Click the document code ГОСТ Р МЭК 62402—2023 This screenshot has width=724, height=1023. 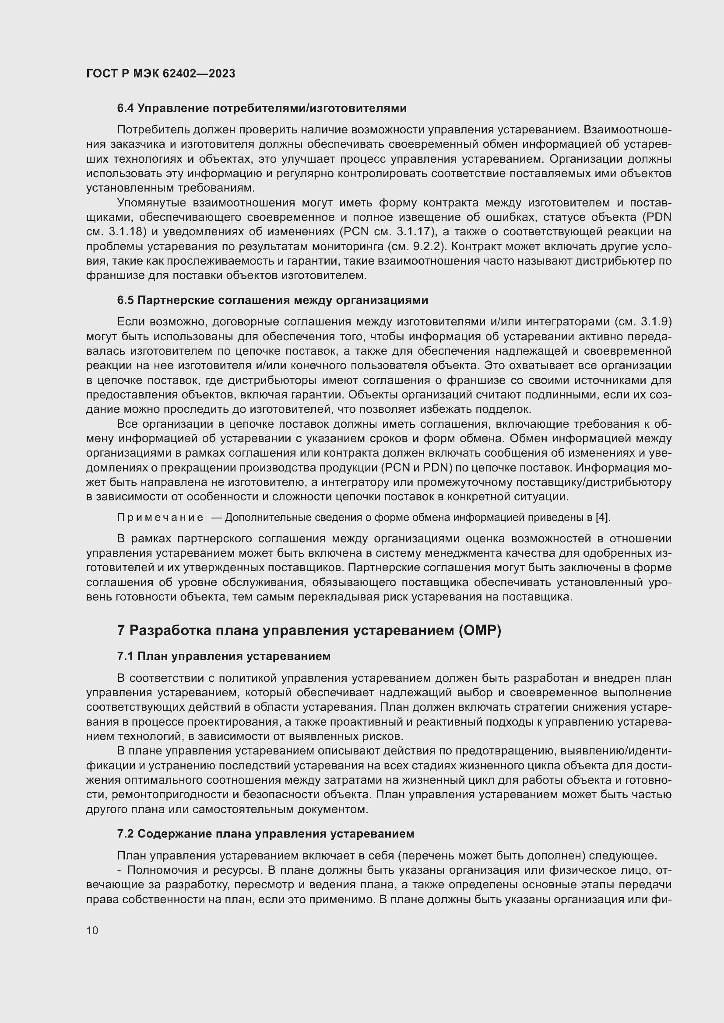tap(161, 74)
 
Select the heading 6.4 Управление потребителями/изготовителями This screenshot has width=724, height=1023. tap(262, 108)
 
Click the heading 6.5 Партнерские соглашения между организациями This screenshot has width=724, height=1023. tap(272, 300)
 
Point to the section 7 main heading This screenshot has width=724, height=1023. tap(309, 631)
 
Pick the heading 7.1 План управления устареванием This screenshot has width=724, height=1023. tap(224, 656)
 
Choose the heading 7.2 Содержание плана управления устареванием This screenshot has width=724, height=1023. tap(266, 834)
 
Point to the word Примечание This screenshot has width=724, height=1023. tap(160, 518)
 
